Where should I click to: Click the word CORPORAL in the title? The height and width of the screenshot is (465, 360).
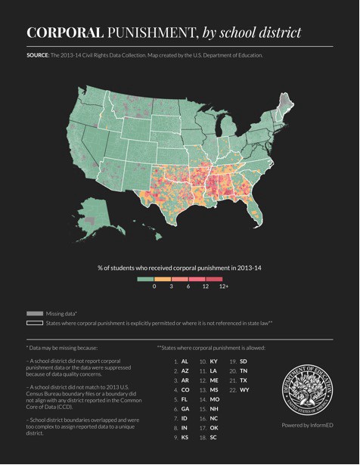[x=64, y=33]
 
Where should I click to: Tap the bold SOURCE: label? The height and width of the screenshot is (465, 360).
[x=38, y=55]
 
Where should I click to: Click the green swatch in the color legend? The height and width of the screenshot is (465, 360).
[x=145, y=278]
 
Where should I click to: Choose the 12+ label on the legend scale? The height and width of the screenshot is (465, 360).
[x=223, y=287]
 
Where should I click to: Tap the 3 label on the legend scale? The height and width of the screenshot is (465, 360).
[x=172, y=287]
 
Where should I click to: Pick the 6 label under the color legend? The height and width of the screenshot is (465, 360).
[x=188, y=287]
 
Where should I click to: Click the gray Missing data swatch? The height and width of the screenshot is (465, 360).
[x=34, y=313]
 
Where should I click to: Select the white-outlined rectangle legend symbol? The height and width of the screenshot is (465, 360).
[x=34, y=323]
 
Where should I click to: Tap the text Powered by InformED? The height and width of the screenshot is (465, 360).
[x=306, y=425]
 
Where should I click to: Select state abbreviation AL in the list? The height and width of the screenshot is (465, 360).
[x=185, y=361]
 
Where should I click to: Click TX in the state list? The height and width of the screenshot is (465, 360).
[x=244, y=380]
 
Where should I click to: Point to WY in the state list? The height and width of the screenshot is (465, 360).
[x=244, y=389]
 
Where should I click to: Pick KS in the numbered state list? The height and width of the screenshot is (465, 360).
[x=185, y=437]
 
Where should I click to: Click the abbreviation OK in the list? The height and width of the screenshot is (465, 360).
[x=214, y=428]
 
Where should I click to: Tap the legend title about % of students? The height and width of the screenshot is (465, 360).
[x=179, y=268]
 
